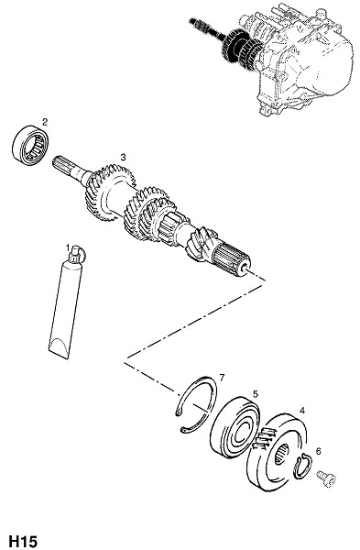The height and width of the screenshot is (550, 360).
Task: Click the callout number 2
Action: (x=45, y=122)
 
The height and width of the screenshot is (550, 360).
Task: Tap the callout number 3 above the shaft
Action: (x=123, y=157)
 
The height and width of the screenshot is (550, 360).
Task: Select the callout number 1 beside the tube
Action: (x=68, y=248)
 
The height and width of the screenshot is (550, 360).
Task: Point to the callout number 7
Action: (x=221, y=378)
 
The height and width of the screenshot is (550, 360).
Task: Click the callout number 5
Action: (x=256, y=394)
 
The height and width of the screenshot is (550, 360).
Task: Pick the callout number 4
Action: (x=301, y=410)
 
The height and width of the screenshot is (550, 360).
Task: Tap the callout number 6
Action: (x=318, y=451)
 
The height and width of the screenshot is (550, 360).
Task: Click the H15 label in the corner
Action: (x=23, y=541)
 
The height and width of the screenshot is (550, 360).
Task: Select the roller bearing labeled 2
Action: (x=30, y=145)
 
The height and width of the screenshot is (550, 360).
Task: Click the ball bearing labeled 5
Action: (x=235, y=427)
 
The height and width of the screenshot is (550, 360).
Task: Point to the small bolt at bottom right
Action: (x=326, y=478)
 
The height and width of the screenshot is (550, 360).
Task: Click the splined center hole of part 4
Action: (x=281, y=453)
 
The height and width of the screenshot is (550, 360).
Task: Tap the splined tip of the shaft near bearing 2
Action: (x=63, y=165)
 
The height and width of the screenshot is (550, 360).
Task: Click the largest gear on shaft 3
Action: (x=109, y=193)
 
